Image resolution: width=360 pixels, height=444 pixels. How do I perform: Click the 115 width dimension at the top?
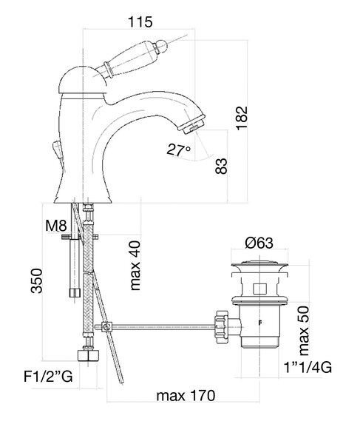[140, 21]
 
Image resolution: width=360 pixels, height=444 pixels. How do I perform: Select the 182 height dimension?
[242, 118]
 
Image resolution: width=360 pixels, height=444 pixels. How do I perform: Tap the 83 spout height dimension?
[221, 166]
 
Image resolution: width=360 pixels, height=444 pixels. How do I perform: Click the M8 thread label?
[56, 226]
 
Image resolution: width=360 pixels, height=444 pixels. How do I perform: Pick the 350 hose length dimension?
[37, 280]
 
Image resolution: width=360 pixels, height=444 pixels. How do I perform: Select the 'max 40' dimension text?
[135, 266]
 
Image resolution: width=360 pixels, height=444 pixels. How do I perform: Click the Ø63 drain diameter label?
[259, 243]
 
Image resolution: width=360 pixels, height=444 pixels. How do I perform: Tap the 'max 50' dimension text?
[304, 331]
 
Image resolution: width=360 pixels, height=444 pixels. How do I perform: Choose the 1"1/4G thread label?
[308, 368]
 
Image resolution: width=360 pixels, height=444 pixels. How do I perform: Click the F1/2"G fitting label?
[48, 377]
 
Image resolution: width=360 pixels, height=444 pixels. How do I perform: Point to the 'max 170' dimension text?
[186, 395]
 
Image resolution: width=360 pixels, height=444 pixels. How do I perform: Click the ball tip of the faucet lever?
[161, 46]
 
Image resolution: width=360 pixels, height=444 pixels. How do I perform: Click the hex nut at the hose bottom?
[88, 355]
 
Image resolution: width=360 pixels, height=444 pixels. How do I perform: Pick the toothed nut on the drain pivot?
[222, 327]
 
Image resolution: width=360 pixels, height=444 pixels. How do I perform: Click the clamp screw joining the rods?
[106, 327]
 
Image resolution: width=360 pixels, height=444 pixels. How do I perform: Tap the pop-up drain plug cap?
[259, 264]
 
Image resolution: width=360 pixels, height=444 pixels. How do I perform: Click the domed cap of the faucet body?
[82, 80]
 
